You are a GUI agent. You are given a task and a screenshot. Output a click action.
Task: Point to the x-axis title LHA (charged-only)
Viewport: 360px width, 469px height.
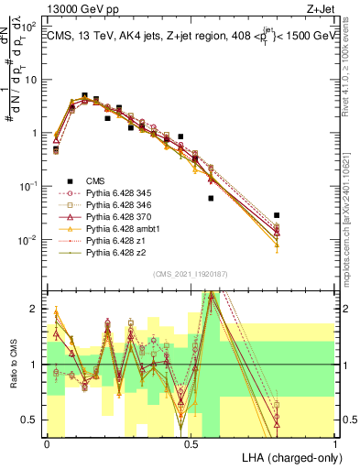tap(292, 456)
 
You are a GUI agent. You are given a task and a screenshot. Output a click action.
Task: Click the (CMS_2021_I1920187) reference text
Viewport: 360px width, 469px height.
tap(191, 274)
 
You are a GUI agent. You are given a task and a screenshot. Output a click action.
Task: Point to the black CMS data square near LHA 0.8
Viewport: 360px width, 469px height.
tap(277, 215)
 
